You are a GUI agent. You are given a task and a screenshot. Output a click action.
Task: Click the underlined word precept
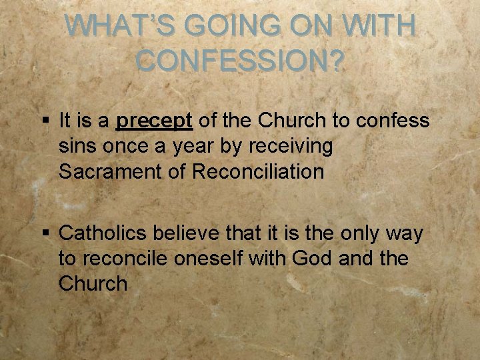click(155, 121)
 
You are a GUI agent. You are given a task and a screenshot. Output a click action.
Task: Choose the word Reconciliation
click(258, 171)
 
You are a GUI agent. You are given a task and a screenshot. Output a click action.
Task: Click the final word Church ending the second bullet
click(93, 283)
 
